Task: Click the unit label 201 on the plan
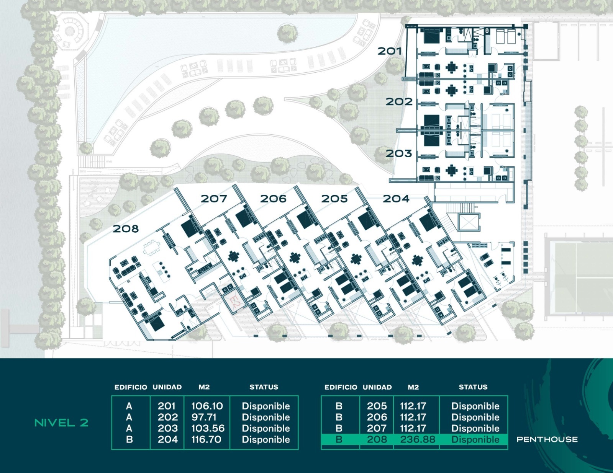pyautogui.click(x=389, y=51)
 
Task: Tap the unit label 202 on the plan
pyautogui.click(x=399, y=102)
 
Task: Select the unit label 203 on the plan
pyautogui.click(x=399, y=153)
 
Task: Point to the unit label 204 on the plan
pyautogui.click(x=396, y=199)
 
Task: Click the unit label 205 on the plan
pyautogui.click(x=334, y=199)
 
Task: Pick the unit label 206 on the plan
pyautogui.click(x=273, y=199)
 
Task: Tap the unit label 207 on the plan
pyautogui.click(x=214, y=199)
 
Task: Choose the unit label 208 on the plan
pyautogui.click(x=126, y=229)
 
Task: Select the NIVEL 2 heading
pyautogui.click(x=62, y=422)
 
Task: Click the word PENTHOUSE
pyautogui.click(x=547, y=439)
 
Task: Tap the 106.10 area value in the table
pyautogui.click(x=207, y=406)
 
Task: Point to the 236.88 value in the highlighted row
pyautogui.click(x=418, y=439)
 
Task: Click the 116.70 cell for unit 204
pyautogui.click(x=206, y=439)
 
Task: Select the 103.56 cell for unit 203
pyautogui.click(x=208, y=428)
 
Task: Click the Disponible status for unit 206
pyautogui.click(x=475, y=417)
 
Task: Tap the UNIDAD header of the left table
pyautogui.click(x=167, y=387)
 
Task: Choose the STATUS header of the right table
pyautogui.click(x=473, y=387)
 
